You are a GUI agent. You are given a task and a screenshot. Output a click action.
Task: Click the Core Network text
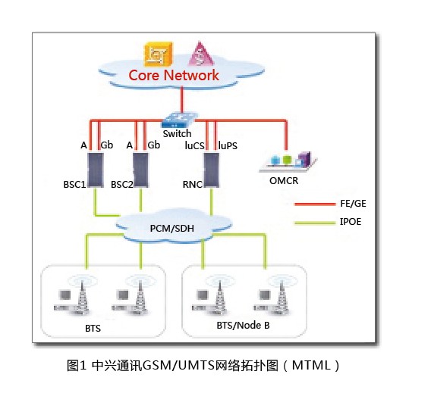click(174, 75)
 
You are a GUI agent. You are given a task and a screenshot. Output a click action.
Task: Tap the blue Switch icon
click(180, 120)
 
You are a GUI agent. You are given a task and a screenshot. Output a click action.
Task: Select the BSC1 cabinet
click(96, 170)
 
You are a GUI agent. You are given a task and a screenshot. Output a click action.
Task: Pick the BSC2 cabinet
click(140, 170)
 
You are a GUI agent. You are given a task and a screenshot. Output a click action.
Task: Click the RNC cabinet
click(211, 170)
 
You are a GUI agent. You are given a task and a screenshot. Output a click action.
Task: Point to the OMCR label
click(284, 181)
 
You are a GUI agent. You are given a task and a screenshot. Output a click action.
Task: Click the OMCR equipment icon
click(288, 161)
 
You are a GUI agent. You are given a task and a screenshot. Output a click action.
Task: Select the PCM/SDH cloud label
click(172, 228)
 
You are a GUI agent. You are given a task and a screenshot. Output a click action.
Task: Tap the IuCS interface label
click(194, 145)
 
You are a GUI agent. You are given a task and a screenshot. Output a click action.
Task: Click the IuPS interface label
click(228, 145)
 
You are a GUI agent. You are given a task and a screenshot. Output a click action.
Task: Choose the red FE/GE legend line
click(315, 204)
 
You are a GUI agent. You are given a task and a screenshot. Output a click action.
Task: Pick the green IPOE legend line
click(315, 223)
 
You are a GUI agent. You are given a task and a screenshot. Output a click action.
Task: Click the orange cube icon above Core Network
click(159, 54)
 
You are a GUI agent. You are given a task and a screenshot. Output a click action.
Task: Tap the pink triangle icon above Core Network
click(200, 54)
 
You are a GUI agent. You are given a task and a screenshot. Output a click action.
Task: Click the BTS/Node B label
click(243, 326)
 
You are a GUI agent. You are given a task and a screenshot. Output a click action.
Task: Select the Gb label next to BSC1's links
click(107, 145)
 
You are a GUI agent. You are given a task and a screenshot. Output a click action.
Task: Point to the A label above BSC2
click(130, 145)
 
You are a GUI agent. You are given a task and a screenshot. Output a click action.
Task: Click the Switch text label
click(177, 133)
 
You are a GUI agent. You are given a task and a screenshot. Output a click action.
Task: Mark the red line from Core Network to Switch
click(181, 99)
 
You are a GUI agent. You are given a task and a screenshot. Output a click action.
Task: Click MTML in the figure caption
click(311, 365)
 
